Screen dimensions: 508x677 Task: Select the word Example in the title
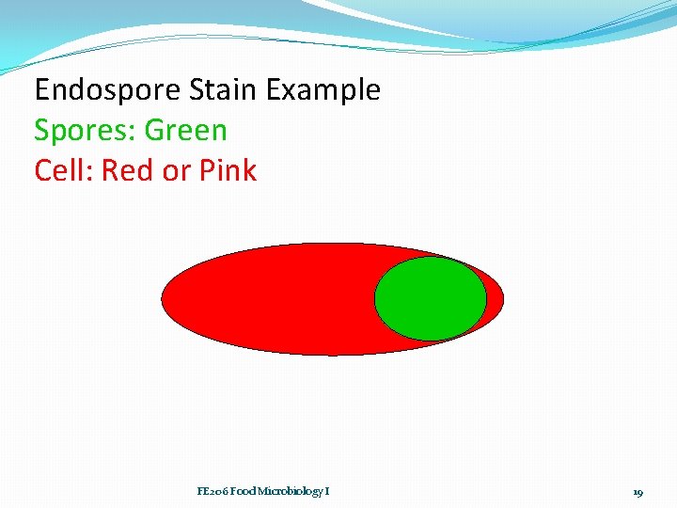(x=323, y=90)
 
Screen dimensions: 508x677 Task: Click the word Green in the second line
(x=186, y=131)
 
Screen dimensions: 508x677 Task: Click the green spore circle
(x=431, y=298)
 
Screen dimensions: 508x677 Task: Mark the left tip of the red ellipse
(x=165, y=299)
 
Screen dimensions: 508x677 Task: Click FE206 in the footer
(x=212, y=492)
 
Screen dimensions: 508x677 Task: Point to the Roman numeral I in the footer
(x=326, y=492)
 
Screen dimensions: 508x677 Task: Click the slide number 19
(x=638, y=492)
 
